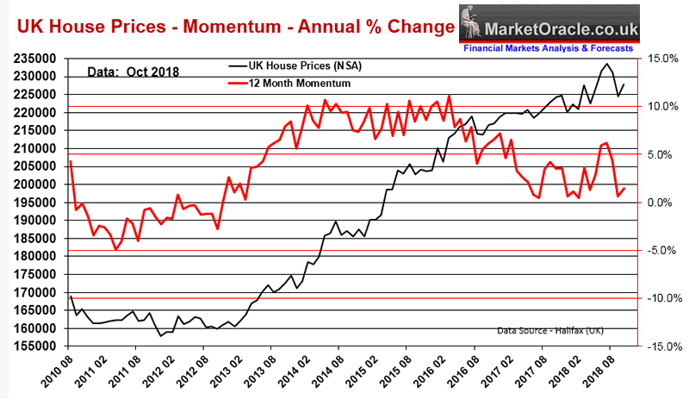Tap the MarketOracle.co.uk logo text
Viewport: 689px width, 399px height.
(x=564, y=28)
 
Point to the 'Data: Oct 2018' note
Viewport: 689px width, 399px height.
(x=133, y=72)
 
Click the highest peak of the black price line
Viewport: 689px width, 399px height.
(x=607, y=64)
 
